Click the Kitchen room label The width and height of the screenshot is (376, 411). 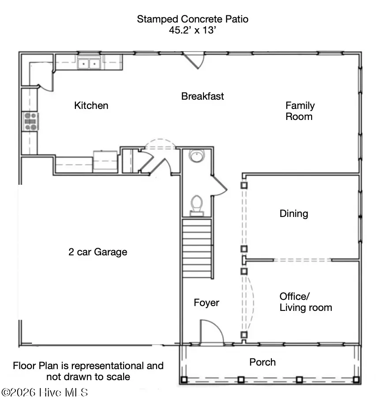(91, 105)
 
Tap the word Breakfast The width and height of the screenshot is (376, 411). (203, 96)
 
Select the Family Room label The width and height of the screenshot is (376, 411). (300, 111)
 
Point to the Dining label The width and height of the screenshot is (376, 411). (294, 213)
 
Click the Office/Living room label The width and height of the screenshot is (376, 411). (306, 302)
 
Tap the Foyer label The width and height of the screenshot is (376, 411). (207, 303)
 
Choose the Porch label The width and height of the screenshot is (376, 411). (263, 362)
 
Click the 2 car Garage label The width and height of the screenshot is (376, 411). (98, 252)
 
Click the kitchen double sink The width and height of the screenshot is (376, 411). (89, 64)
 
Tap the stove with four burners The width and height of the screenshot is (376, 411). (30, 121)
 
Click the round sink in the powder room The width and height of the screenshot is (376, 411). (197, 156)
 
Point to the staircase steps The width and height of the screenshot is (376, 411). (197, 248)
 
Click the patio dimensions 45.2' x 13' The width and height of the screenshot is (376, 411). (192, 30)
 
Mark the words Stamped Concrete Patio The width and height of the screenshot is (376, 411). (192, 19)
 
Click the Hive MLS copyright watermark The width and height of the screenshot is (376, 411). (45, 392)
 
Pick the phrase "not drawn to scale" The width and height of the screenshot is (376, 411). (88, 377)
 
